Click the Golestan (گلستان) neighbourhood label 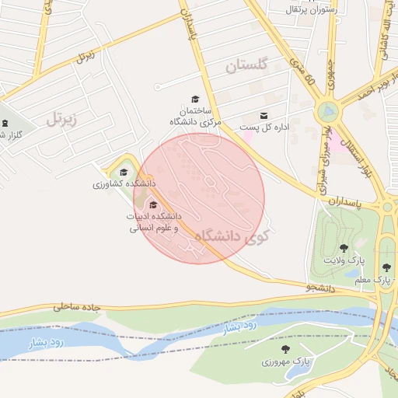(246, 66)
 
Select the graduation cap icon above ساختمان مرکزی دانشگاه (195, 99)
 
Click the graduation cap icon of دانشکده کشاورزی (124, 173)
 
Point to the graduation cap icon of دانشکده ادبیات (152, 204)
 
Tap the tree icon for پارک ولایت (344, 247)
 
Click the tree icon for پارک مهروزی (285, 349)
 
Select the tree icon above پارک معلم (386, 267)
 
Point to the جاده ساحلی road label (78, 307)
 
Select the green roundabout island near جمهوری (327, 112)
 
